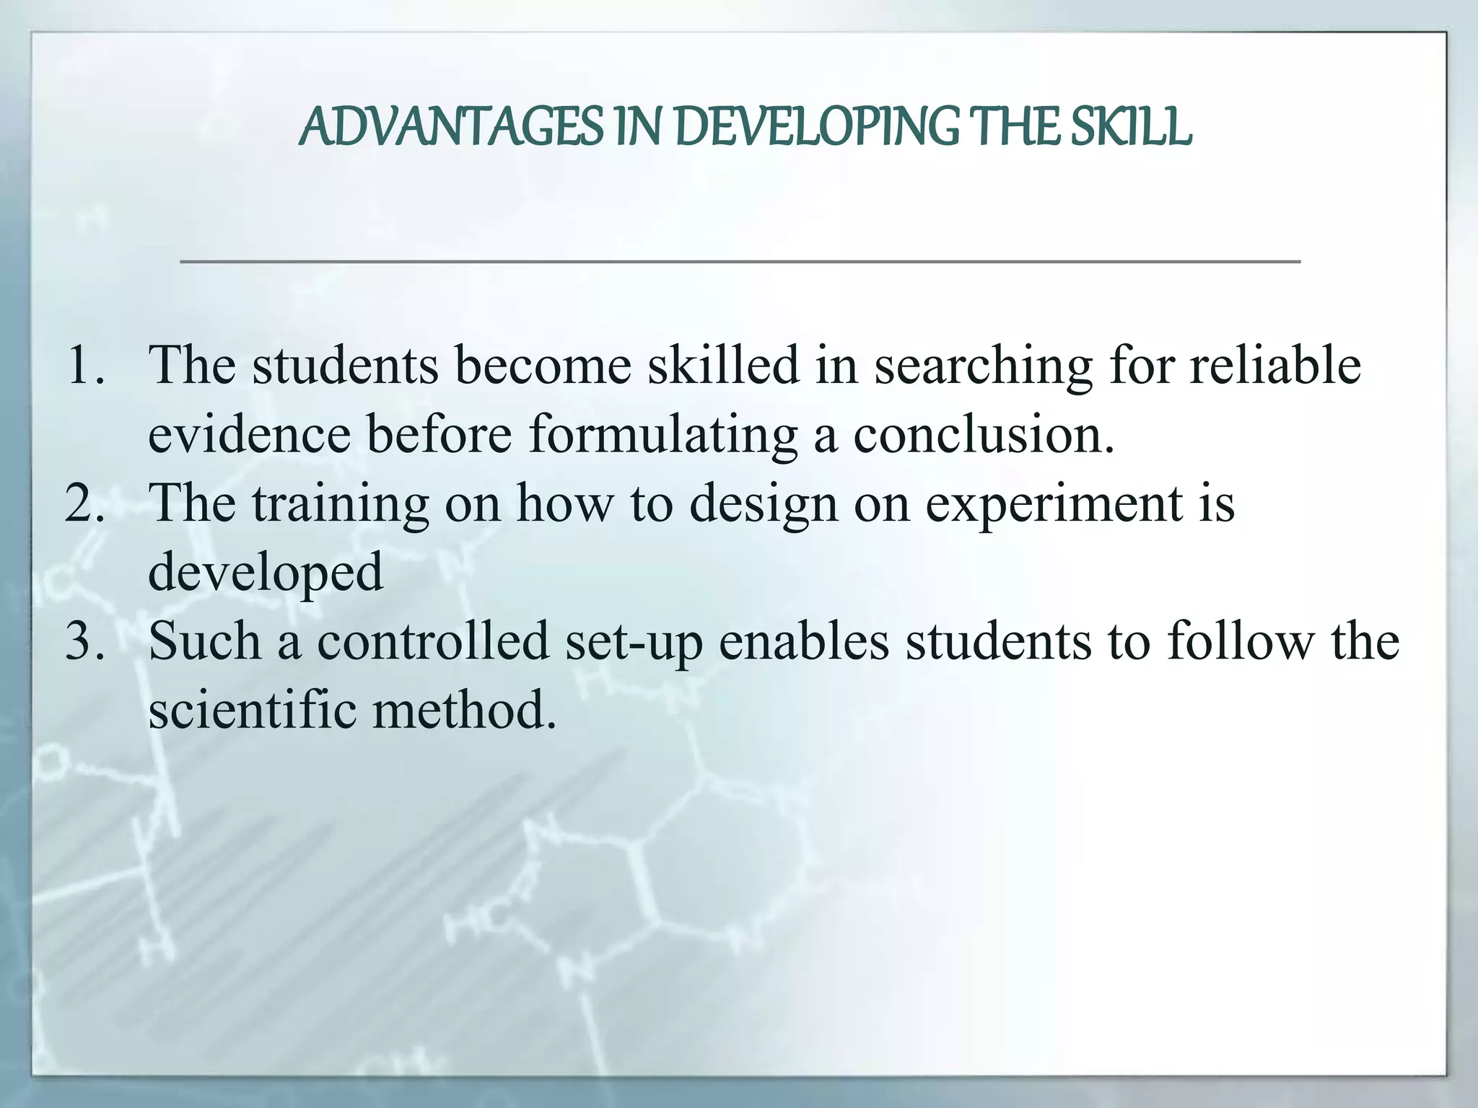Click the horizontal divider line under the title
click(740, 261)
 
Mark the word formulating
click(663, 436)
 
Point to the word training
click(340, 504)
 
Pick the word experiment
click(1054, 504)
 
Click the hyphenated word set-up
click(634, 642)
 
